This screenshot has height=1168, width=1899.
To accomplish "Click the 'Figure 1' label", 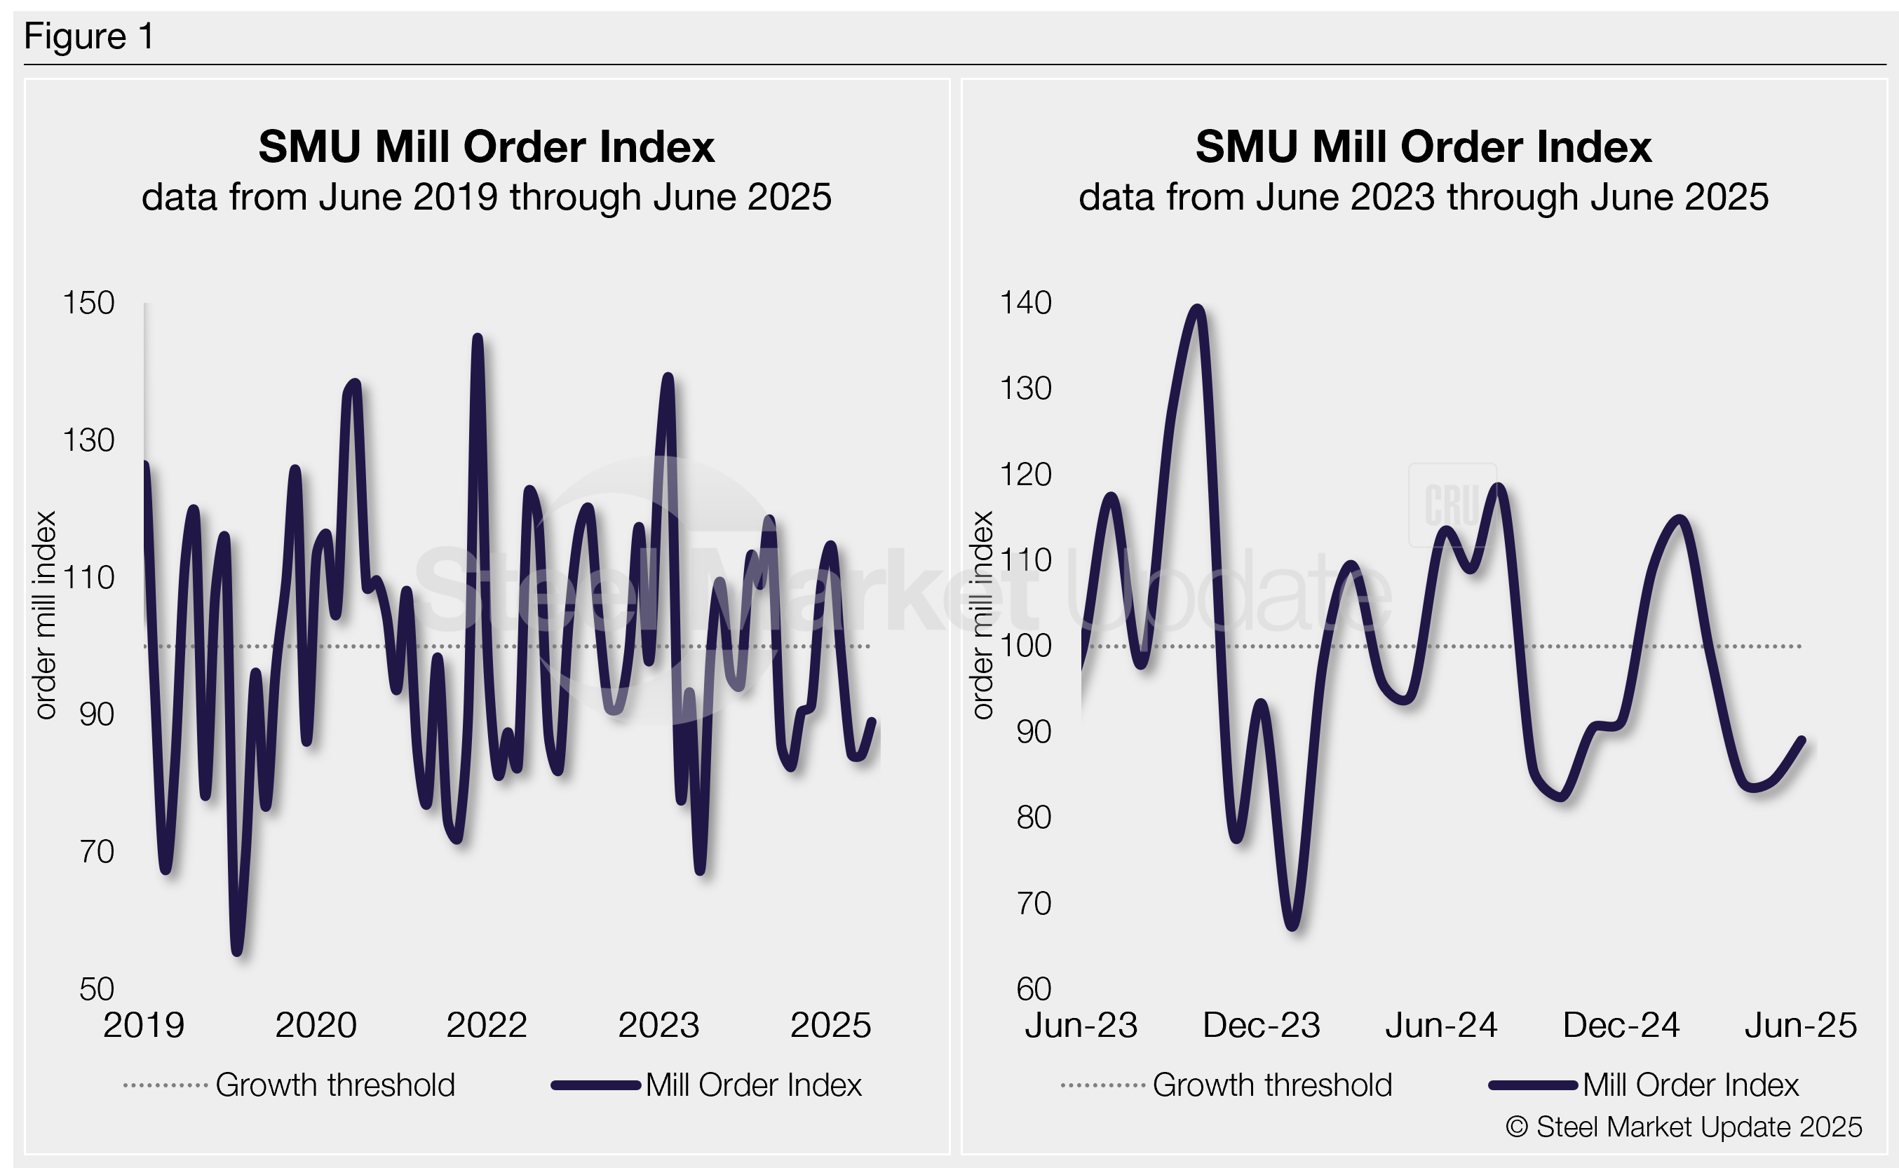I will tap(89, 36).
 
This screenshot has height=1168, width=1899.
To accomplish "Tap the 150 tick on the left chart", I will tap(88, 303).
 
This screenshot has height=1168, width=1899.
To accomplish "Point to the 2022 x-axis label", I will tap(487, 1025).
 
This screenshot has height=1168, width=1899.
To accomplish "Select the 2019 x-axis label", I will tap(144, 1025).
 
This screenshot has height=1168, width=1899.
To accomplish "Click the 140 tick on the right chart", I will tap(1025, 303).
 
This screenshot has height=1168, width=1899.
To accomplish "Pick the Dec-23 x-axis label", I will tap(1261, 1025).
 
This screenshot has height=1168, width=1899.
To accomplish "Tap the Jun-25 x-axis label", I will tap(1800, 1025).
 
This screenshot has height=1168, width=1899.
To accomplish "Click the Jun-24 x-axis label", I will tap(1441, 1025).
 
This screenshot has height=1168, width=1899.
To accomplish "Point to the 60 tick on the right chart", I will tap(1034, 989).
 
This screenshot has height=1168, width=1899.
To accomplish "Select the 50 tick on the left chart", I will tap(97, 989).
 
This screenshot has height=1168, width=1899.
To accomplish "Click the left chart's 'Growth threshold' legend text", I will tap(334, 1085).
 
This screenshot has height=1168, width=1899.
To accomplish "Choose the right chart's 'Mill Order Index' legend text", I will tap(1691, 1085).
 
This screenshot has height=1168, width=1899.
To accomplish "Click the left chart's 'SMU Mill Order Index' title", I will tap(487, 146).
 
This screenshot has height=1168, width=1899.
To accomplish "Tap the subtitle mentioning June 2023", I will tap(1423, 197).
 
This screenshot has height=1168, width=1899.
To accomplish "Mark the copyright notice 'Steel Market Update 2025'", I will tap(1684, 1127).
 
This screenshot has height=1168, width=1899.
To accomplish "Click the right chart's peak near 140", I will tap(1198, 308).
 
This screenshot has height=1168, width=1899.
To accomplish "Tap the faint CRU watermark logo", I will tap(1452, 505).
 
